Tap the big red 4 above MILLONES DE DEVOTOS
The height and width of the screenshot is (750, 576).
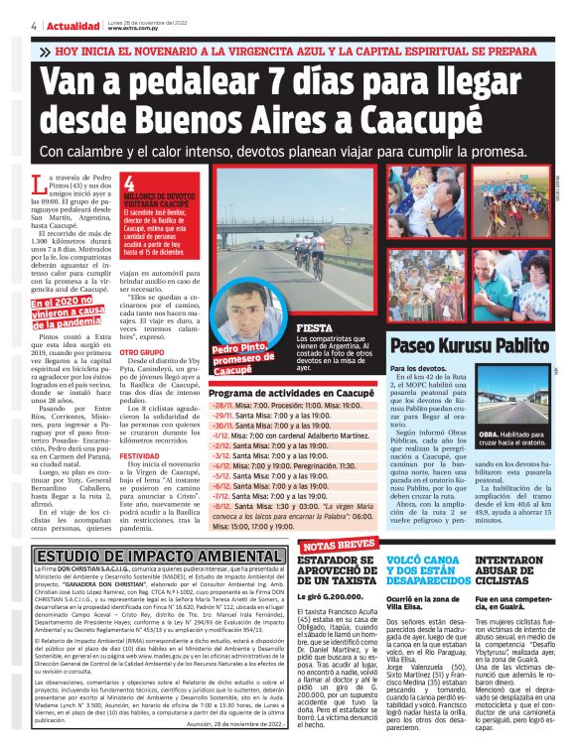[x=129, y=185]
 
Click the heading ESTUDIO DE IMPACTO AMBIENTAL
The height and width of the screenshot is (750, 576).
[x=146, y=554]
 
